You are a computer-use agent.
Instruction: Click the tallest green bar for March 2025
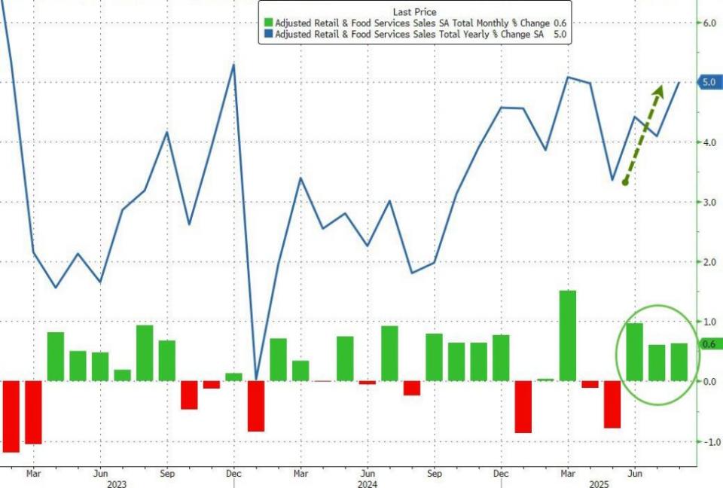click(x=568, y=336)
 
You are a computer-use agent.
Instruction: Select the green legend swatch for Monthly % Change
click(x=267, y=23)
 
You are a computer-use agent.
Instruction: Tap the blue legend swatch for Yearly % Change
click(x=267, y=35)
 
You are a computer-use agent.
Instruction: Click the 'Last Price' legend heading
click(x=413, y=11)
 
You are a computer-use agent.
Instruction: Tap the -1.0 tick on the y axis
click(x=710, y=441)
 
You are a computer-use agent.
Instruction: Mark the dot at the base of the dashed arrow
click(x=625, y=182)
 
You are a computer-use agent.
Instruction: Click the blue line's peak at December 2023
click(x=233, y=65)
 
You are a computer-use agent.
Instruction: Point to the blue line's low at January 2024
click(x=256, y=379)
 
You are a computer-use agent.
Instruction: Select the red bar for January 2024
click(x=256, y=406)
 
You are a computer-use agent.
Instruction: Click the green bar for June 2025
click(x=635, y=352)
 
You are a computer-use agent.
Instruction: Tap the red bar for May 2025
click(x=612, y=404)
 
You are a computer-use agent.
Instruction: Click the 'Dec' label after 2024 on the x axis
click(x=501, y=474)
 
